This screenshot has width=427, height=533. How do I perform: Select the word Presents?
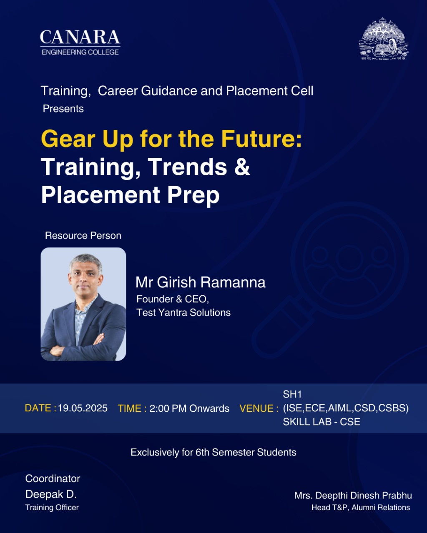(x=63, y=109)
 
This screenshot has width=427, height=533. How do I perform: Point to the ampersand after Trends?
(x=242, y=167)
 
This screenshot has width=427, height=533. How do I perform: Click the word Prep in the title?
(x=193, y=196)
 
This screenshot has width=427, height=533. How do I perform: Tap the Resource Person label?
(x=83, y=236)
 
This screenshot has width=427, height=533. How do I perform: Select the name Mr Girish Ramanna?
(x=201, y=282)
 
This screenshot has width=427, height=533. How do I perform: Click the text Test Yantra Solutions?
(x=183, y=313)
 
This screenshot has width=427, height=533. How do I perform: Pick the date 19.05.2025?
(x=83, y=408)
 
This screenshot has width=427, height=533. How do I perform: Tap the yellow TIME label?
(x=132, y=408)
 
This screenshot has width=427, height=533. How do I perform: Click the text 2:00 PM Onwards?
(x=189, y=408)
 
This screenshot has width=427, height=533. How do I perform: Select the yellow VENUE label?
(x=259, y=408)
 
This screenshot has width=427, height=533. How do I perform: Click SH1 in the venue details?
(x=292, y=394)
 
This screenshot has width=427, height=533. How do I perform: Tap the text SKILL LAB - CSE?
(x=322, y=422)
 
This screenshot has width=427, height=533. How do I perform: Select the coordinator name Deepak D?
(x=51, y=494)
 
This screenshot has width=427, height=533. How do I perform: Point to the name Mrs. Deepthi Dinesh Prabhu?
(x=353, y=496)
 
